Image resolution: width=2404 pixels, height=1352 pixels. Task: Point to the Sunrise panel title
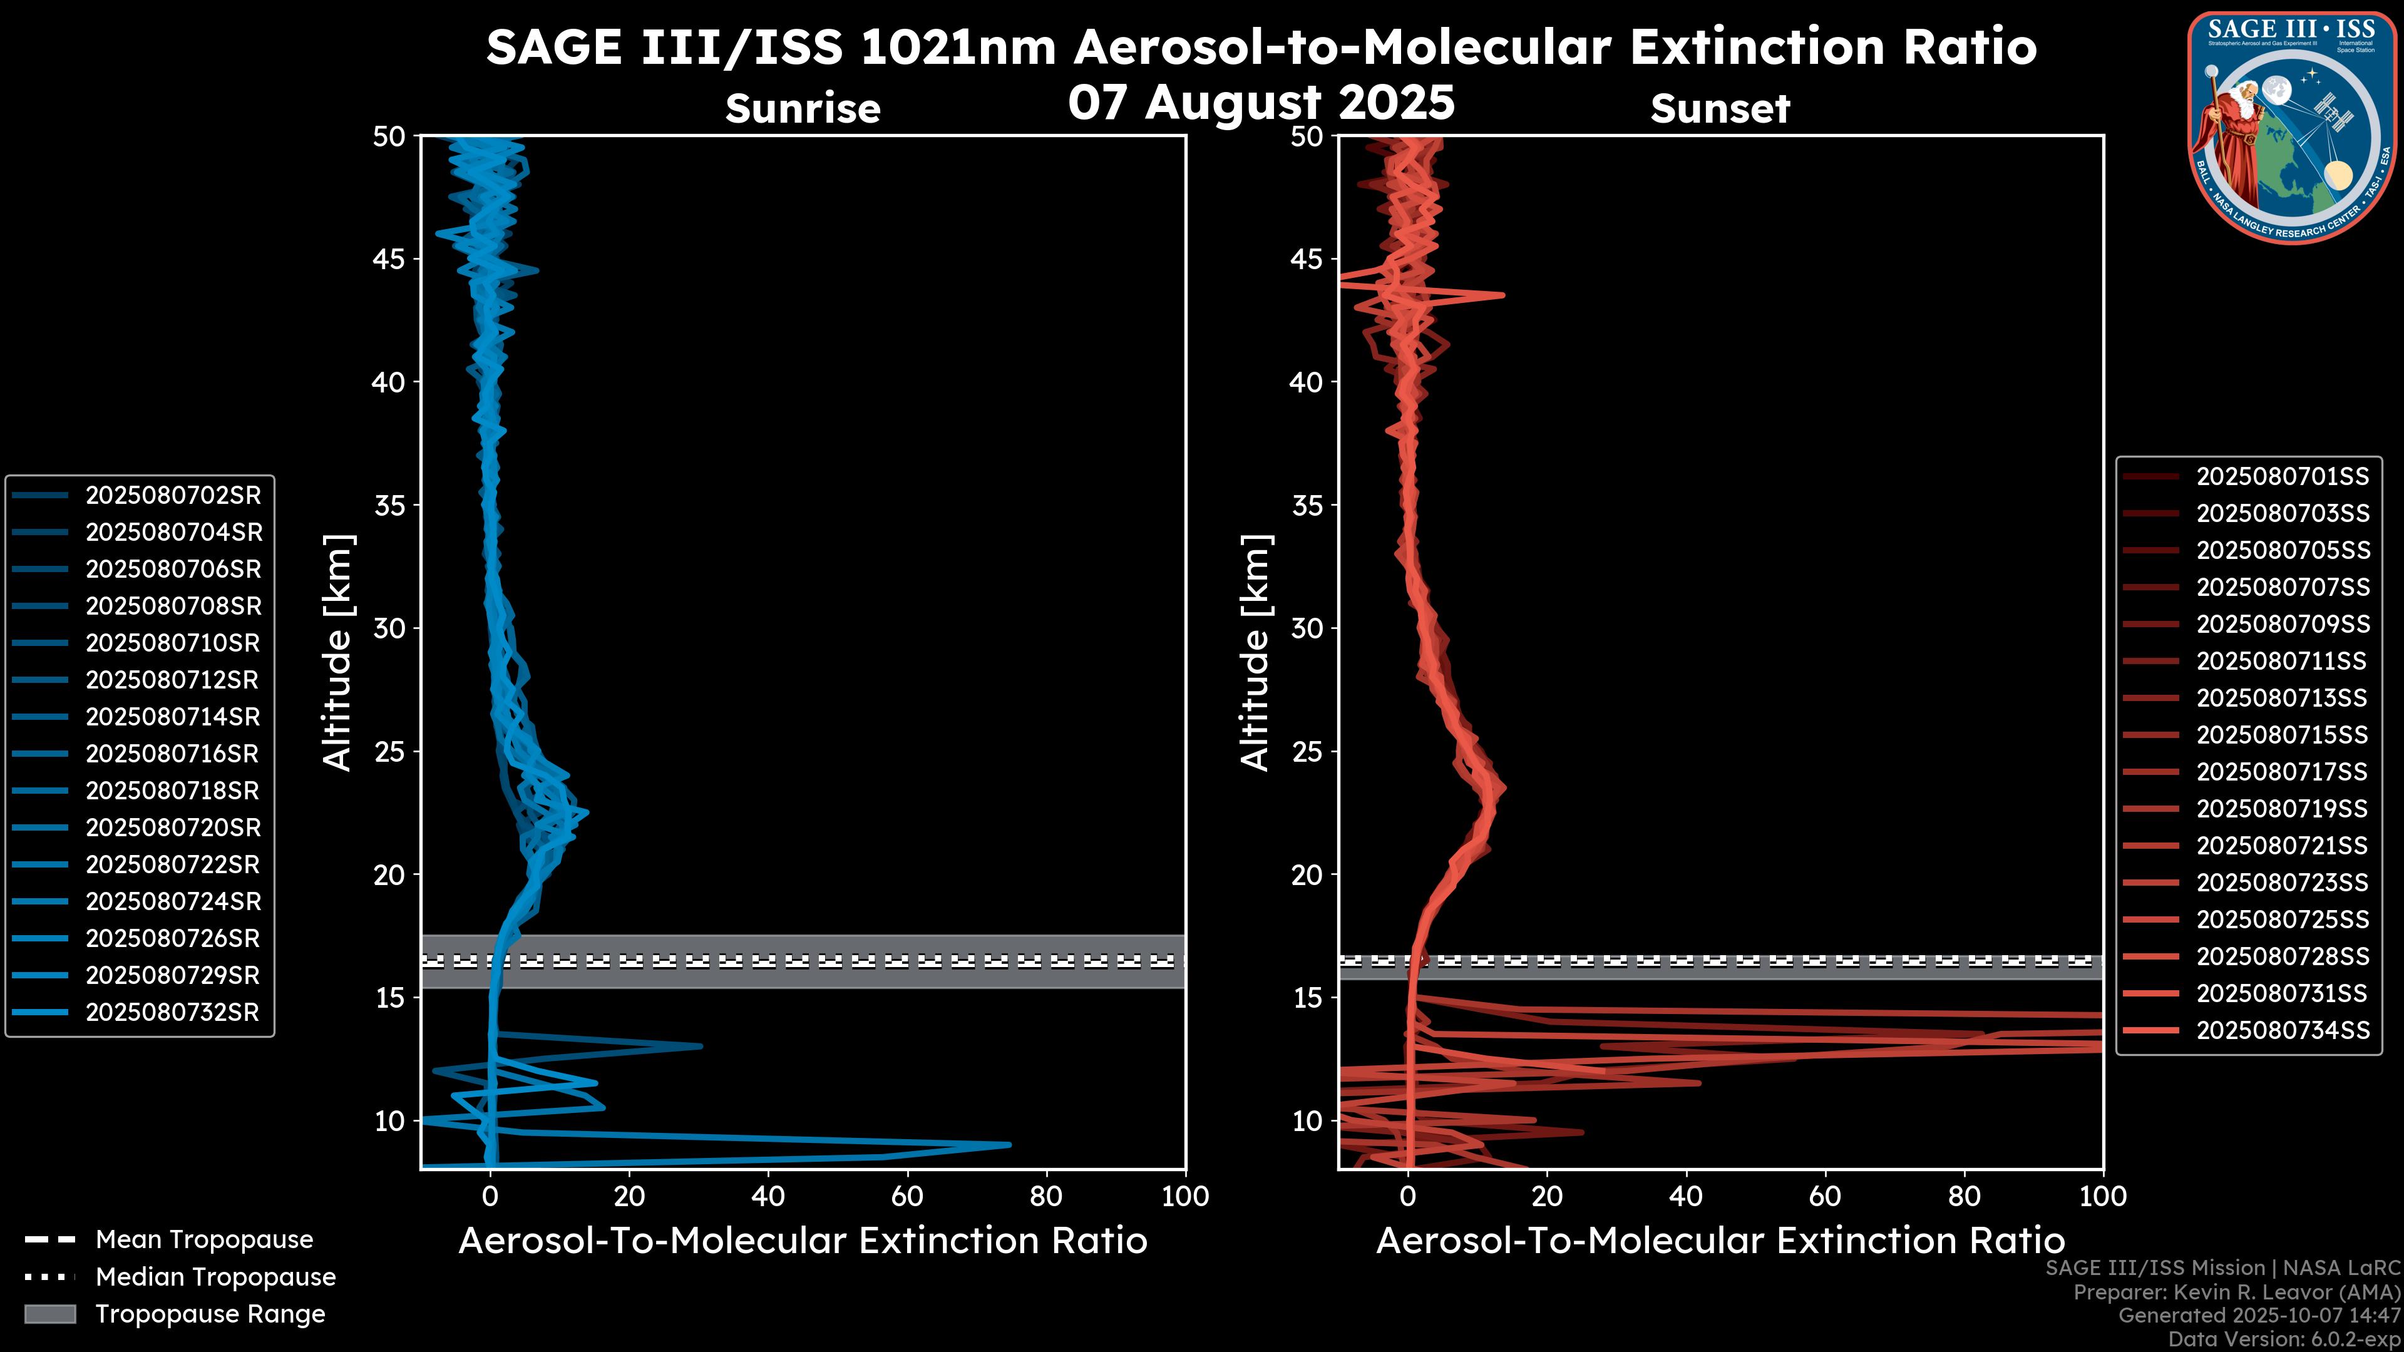click(x=803, y=109)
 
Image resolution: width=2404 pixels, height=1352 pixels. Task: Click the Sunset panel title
click(x=1720, y=109)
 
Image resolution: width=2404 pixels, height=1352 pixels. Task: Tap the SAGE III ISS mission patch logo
click(x=2293, y=127)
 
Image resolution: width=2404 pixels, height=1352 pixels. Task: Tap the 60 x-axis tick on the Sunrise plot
click(x=907, y=1197)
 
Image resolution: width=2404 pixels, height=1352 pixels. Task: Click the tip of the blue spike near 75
click(x=1010, y=1145)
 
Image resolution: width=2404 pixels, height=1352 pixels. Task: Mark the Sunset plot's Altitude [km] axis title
click(x=1255, y=652)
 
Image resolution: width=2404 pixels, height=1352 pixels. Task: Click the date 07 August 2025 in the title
click(x=1261, y=103)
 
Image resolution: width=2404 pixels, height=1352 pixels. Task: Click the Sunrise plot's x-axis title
click(x=803, y=1242)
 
